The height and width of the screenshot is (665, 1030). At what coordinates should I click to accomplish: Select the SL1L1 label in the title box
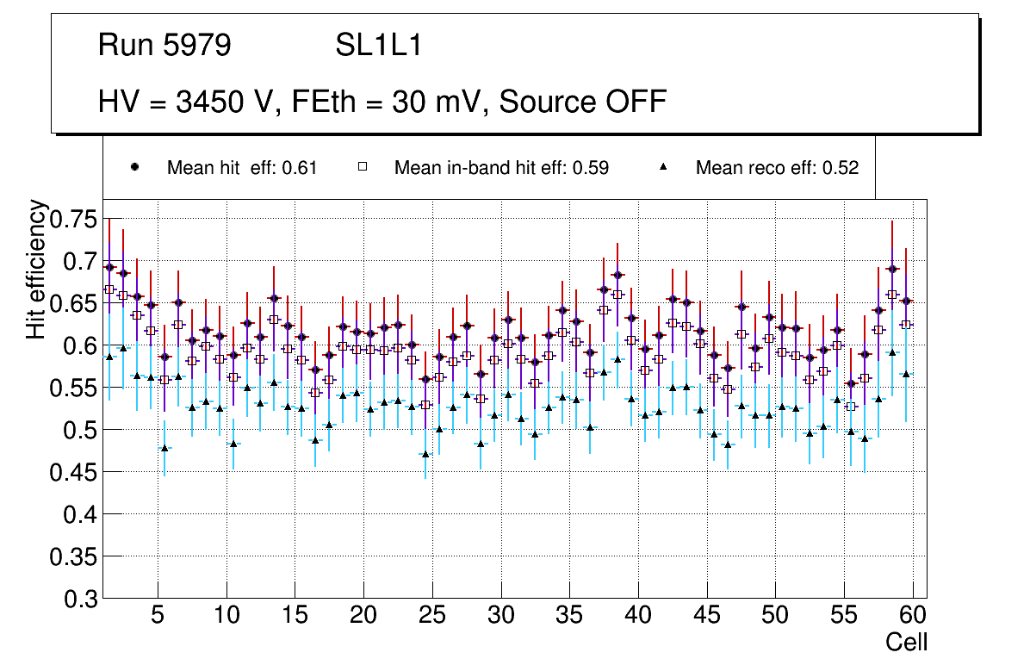pyautogui.click(x=379, y=46)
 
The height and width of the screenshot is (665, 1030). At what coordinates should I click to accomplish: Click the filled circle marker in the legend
pyautogui.click(x=134, y=167)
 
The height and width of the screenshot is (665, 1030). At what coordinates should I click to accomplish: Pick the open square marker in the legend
pyautogui.click(x=363, y=167)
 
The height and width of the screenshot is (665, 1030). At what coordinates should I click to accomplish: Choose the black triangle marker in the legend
pyautogui.click(x=664, y=167)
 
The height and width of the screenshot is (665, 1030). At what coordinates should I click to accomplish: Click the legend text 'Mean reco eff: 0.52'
pyautogui.click(x=777, y=168)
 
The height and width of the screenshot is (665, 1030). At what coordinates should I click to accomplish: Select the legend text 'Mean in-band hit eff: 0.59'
pyautogui.click(x=501, y=168)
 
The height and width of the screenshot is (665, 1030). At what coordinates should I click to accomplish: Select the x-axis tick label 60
pyautogui.click(x=913, y=616)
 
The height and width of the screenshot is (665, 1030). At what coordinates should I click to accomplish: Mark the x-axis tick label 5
pyautogui.click(x=157, y=616)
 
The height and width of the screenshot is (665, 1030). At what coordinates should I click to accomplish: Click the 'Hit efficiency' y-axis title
pyautogui.click(x=36, y=269)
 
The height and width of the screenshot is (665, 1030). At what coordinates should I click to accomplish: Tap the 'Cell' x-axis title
pyautogui.click(x=906, y=642)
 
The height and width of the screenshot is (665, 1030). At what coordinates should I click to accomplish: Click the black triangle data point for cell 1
pyautogui.click(x=109, y=357)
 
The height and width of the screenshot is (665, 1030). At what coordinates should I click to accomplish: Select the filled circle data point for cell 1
pyautogui.click(x=109, y=267)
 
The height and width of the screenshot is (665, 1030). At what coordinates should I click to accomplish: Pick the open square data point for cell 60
pyautogui.click(x=905, y=325)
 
